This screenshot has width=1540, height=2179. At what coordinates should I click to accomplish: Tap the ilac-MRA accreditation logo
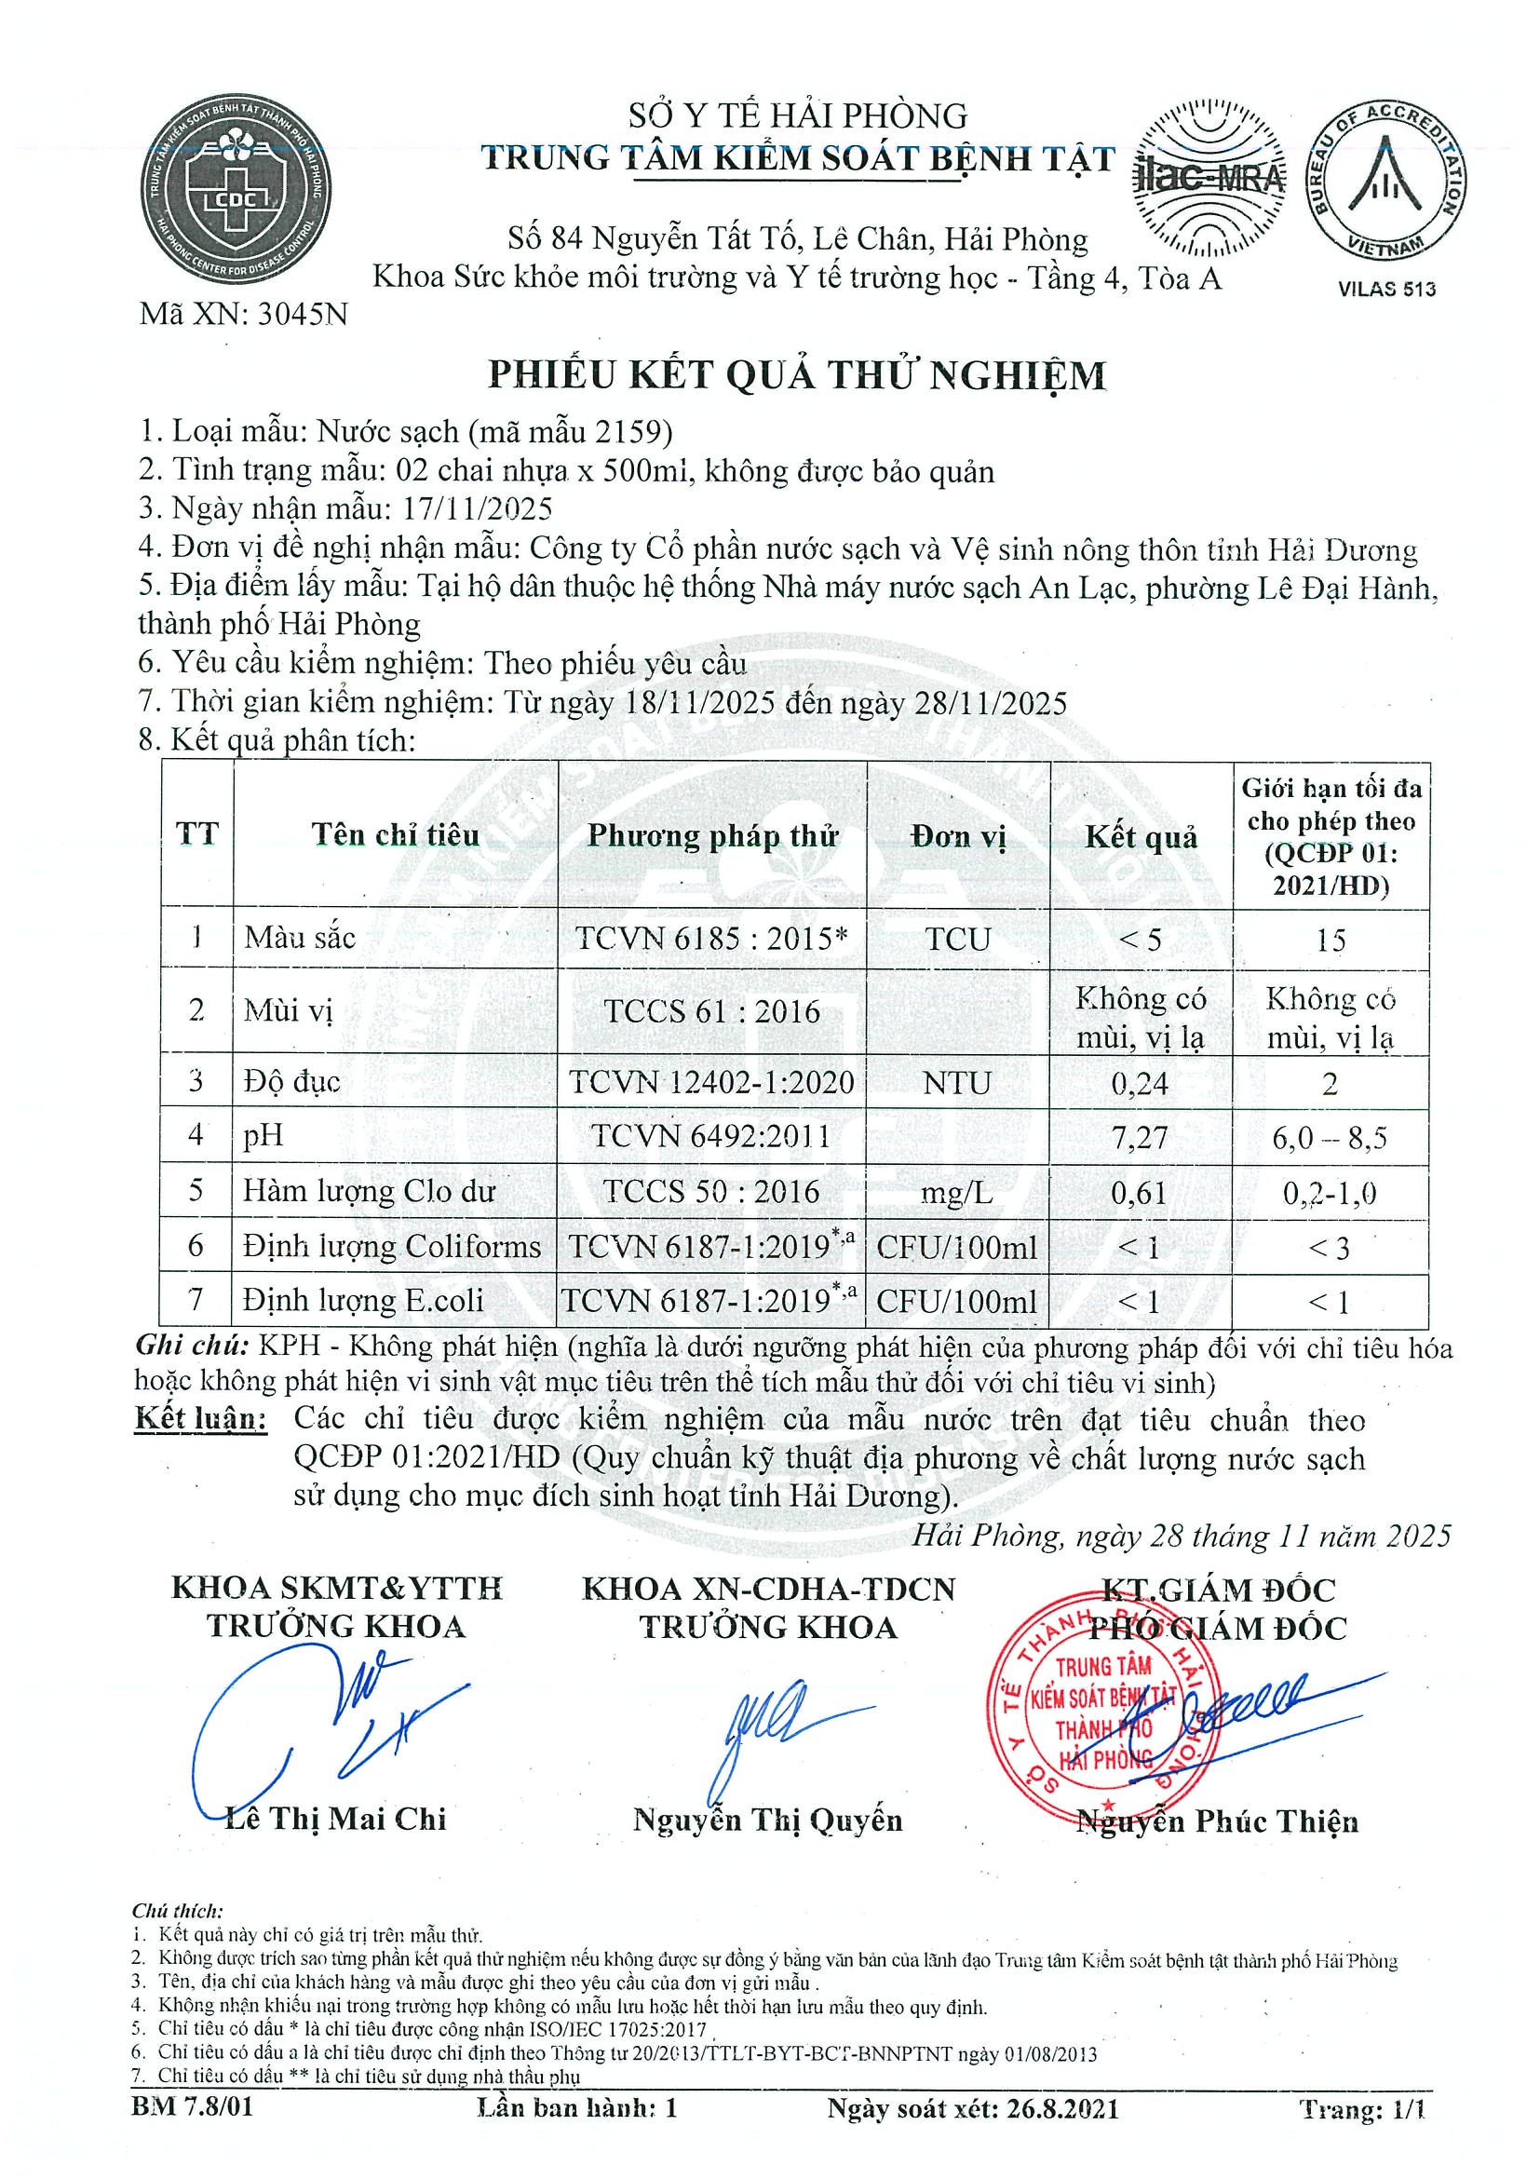[1210, 179]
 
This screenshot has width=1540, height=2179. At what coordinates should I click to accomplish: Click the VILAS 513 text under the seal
[1386, 290]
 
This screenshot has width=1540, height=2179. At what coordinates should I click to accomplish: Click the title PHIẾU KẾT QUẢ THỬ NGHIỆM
[797, 376]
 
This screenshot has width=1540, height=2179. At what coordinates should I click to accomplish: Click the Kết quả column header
[1141, 836]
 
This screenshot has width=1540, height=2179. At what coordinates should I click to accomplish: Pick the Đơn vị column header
[957, 836]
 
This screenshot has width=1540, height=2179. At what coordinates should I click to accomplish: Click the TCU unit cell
[957, 939]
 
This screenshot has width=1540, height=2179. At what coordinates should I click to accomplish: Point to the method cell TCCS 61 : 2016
[711, 1010]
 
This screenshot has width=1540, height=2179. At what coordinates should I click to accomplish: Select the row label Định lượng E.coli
[363, 1300]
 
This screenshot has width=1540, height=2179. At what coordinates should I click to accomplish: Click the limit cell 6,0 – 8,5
[1330, 1137]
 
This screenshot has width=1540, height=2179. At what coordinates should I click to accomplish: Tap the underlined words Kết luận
[200, 1419]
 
